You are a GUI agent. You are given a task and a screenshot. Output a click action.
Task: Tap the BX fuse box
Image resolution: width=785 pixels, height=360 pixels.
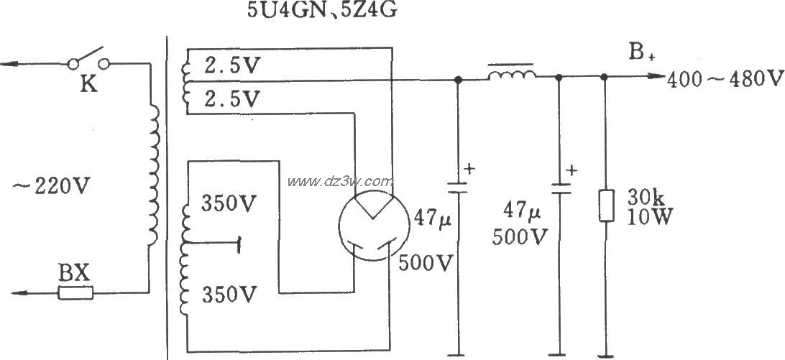[x=75, y=292]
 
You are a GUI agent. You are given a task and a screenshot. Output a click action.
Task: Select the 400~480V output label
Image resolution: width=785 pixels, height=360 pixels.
[x=722, y=78]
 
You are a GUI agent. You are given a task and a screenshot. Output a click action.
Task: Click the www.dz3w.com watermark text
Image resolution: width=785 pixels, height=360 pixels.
[x=341, y=180]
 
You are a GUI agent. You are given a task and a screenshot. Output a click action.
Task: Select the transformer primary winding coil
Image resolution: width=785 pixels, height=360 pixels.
[x=153, y=179]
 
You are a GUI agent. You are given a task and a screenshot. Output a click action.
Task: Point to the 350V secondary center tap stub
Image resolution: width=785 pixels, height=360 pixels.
[x=216, y=244]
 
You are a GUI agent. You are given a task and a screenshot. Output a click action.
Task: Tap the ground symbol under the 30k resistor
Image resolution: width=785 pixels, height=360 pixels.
[x=605, y=354]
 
